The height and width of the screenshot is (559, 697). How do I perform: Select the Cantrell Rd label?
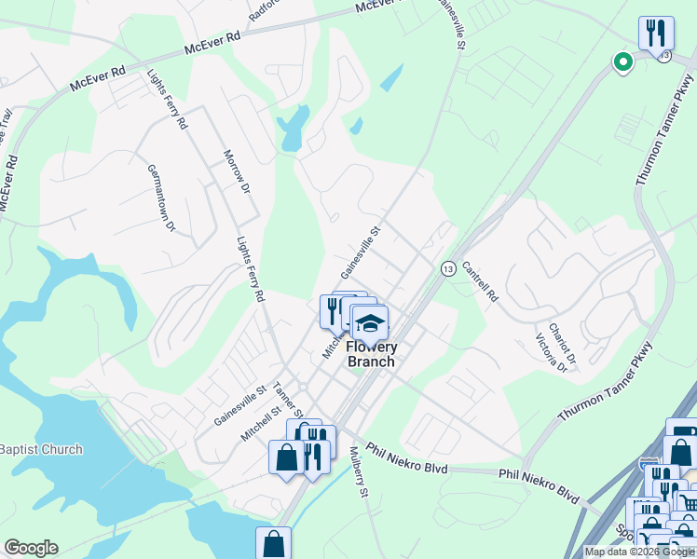480,284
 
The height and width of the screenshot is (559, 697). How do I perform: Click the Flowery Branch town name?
371,355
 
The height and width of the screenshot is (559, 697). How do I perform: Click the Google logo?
31,547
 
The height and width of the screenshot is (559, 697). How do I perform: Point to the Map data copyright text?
639,552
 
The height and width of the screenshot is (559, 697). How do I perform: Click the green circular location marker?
622,62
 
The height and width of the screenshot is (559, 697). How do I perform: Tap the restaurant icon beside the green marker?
656,34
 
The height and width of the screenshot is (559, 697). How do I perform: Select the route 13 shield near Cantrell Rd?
448,268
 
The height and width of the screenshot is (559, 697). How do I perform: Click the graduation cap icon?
371,323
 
